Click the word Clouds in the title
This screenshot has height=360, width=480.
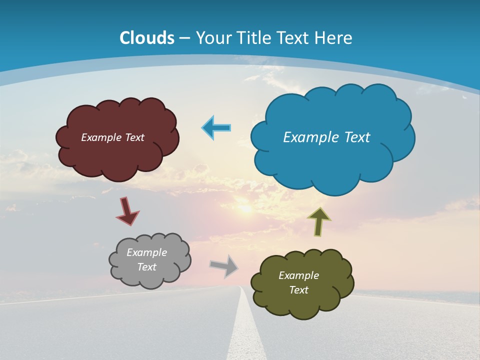(147, 38)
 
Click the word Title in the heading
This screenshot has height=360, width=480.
(254, 38)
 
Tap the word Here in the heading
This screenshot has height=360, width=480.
(334, 38)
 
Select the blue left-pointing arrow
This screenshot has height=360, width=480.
(216, 127)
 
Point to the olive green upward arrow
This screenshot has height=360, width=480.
(319, 221)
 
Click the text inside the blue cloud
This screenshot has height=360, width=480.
(326, 137)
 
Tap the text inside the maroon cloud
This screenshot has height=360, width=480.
(112, 137)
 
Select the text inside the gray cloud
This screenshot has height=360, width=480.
(146, 259)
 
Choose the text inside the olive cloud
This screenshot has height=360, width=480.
(298, 282)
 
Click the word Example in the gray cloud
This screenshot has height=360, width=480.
(146, 252)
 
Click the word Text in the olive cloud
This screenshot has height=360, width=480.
(298, 290)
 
